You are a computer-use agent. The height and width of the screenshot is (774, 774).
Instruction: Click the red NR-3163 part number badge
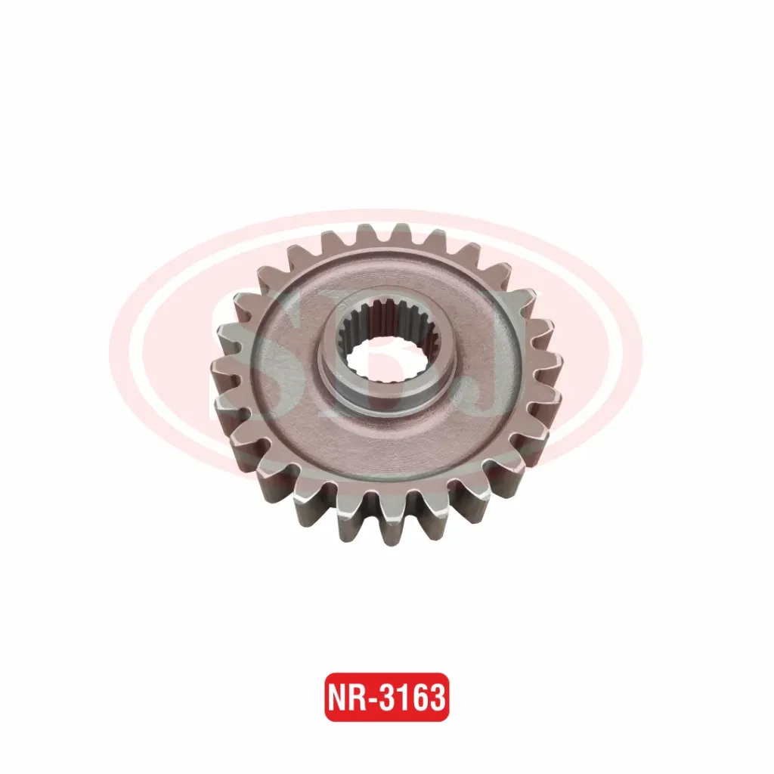click(386, 697)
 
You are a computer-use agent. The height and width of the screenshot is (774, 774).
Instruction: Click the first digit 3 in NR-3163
click(388, 698)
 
